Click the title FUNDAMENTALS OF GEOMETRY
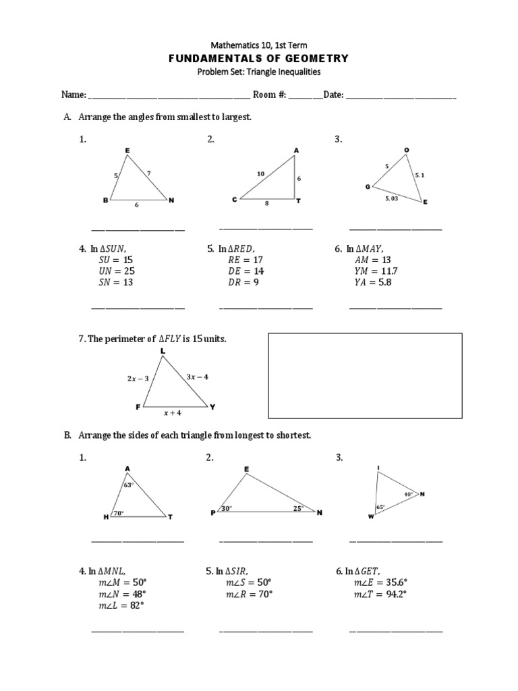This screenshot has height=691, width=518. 258,59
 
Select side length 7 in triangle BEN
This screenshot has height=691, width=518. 148,173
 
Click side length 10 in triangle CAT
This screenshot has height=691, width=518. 260,173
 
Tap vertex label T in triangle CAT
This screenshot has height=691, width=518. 299,201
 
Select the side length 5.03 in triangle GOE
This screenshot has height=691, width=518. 392,198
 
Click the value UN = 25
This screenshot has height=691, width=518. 116,271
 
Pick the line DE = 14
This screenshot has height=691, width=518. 246,271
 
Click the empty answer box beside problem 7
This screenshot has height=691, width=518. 366,376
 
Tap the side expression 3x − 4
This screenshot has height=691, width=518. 197,377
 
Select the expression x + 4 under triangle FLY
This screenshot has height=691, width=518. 173,413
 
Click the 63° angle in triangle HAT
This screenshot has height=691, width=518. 128,485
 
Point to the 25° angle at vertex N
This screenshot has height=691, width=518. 297,508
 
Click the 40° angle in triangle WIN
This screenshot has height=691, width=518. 409,494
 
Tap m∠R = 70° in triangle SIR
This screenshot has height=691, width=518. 249,594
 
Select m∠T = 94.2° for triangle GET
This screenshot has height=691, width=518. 380,594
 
